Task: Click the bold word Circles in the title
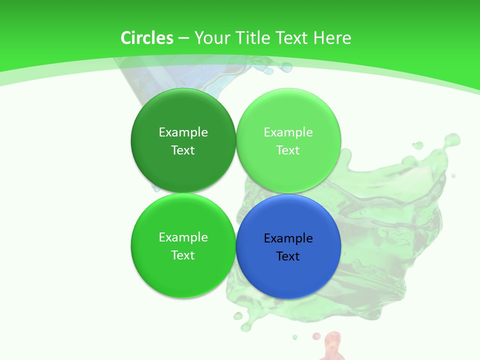[147, 38]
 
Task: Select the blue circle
[288, 270]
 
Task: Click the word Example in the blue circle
[288, 238]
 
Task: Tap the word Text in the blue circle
[288, 256]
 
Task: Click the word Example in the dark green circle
[183, 132]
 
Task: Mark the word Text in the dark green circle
[183, 150]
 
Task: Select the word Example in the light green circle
[288, 132]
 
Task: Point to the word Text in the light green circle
[288, 150]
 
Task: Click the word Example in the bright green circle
[183, 237]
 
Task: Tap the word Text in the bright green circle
[183, 255]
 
